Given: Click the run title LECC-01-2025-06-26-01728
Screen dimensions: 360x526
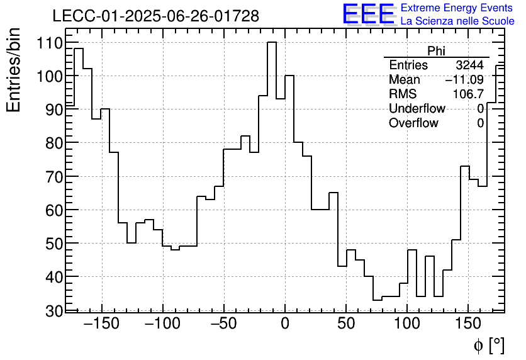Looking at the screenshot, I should point(155,16).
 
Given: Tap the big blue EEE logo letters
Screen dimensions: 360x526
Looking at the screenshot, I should point(368,14).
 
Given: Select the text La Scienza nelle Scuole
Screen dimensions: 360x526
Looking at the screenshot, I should point(457,21).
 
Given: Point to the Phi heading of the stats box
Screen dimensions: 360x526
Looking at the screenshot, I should point(436,51).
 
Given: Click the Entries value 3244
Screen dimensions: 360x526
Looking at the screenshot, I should point(469,65).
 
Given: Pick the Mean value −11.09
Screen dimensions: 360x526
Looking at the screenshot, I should point(464,80).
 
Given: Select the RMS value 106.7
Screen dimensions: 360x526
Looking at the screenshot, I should point(468,94).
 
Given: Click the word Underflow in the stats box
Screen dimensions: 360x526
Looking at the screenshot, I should point(417,109).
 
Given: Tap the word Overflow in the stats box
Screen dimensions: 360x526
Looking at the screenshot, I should point(413,123).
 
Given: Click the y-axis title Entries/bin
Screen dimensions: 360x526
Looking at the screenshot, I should point(14,70).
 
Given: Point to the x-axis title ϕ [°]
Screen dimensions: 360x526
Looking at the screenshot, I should point(488,345).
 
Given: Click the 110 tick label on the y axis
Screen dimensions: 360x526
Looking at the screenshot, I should point(48,43).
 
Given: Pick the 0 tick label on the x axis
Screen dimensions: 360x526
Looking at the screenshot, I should point(284,324).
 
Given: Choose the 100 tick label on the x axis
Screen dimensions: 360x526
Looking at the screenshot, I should point(407,324).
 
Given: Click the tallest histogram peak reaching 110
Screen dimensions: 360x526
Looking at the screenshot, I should point(272,43).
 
